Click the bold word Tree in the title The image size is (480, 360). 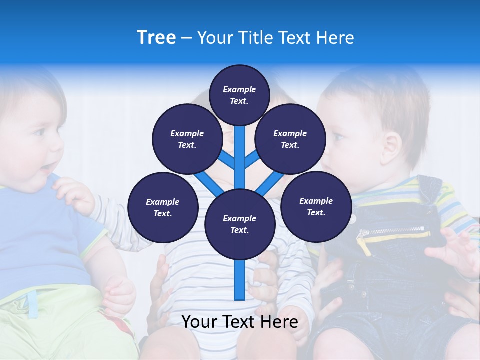156,37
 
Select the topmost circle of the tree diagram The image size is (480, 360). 239,95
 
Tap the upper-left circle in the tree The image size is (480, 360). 187,139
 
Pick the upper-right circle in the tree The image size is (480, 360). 290,139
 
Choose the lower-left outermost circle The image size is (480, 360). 163,207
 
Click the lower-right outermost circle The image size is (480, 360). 316,206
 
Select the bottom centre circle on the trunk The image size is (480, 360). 239,224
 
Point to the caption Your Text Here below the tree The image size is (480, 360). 239,322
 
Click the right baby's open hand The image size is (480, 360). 452,252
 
